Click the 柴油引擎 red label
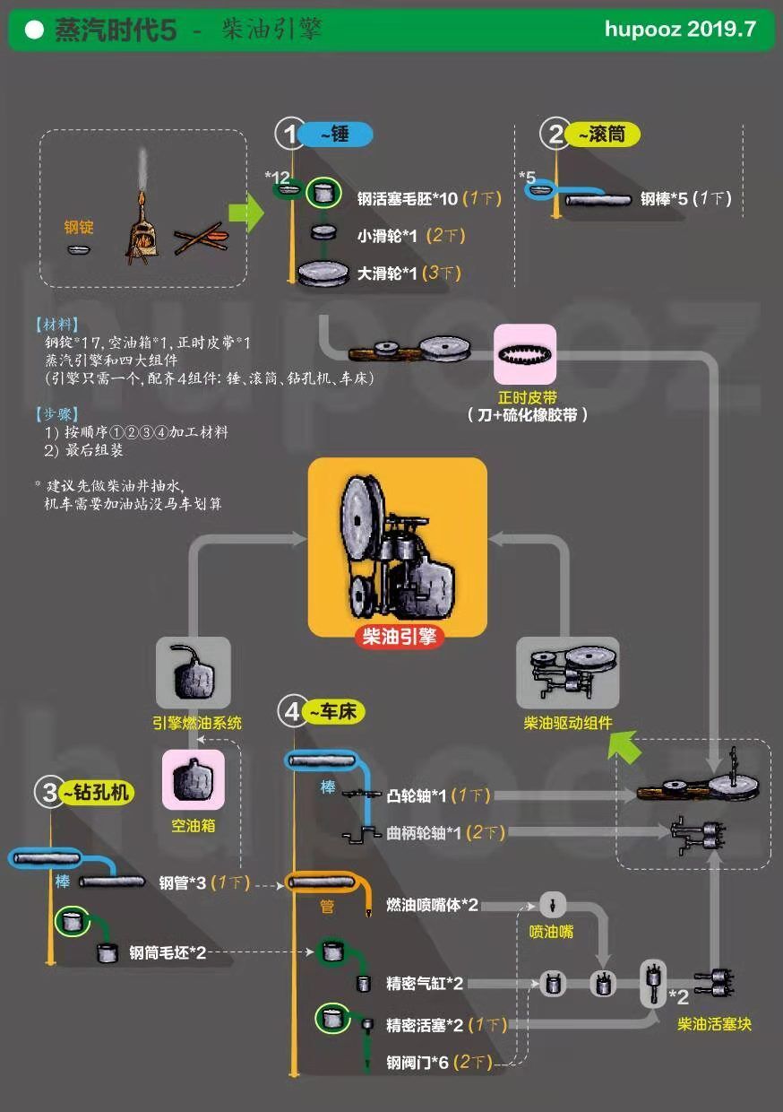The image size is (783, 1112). point(399,637)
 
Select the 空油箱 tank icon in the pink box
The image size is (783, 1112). point(193,779)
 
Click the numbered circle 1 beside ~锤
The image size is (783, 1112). point(290,135)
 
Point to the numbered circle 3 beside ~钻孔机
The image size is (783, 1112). point(48,792)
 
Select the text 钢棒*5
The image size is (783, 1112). point(664,199)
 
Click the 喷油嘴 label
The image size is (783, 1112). point(551,932)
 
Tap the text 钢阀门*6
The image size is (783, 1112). point(417,1063)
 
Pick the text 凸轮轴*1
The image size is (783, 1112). point(417,795)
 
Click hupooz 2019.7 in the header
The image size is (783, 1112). point(680,29)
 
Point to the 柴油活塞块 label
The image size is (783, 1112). point(714,1023)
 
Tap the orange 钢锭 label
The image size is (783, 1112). point(79,227)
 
